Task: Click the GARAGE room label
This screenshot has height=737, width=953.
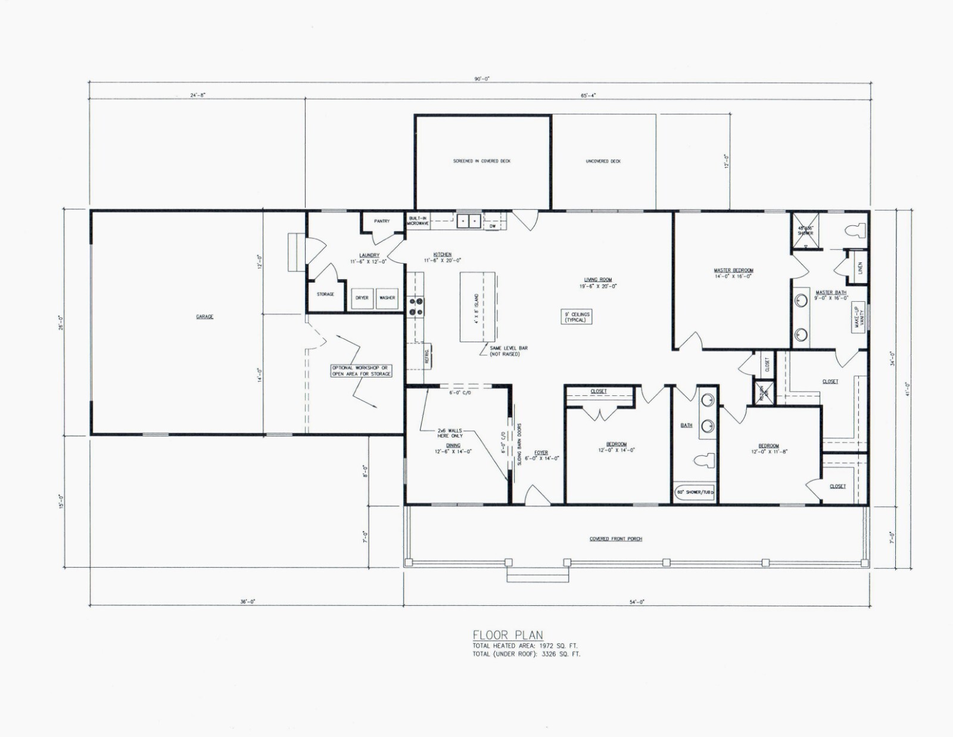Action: tap(204, 317)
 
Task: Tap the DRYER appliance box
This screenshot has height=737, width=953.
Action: tap(362, 298)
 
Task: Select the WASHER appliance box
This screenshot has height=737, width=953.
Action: tap(387, 298)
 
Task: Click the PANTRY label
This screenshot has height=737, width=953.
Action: tap(382, 221)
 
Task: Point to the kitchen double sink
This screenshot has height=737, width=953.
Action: tap(469, 222)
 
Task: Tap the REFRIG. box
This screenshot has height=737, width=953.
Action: tap(427, 355)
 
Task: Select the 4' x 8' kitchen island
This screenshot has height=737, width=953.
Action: tap(477, 306)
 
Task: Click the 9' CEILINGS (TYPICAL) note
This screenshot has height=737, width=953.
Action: tap(576, 317)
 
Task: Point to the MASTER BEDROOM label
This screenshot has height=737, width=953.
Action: tap(733, 272)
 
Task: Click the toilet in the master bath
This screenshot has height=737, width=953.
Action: tap(855, 230)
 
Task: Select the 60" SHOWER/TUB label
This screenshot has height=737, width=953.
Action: tap(694, 493)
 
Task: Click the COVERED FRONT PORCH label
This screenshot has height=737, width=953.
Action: tap(616, 539)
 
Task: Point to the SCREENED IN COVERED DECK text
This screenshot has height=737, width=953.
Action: tap(482, 161)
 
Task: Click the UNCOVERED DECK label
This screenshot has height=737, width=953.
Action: tap(603, 161)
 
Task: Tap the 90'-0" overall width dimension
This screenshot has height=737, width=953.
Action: tap(482, 79)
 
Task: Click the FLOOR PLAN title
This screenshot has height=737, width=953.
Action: tap(507, 636)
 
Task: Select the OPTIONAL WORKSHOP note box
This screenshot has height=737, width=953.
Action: tap(362, 371)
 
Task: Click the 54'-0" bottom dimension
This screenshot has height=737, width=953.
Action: tap(637, 602)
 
